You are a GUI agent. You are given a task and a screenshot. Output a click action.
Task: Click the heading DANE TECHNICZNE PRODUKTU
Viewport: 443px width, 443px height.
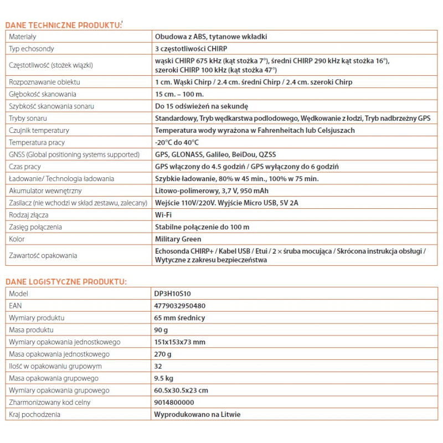[x=63, y=25]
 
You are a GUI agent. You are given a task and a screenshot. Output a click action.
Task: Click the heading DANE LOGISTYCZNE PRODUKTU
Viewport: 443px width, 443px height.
[x=66, y=282]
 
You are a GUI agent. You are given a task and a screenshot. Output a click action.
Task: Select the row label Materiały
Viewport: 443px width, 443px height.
[x=23, y=37]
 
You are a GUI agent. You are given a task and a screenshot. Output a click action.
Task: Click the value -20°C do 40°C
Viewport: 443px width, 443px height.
[x=177, y=142]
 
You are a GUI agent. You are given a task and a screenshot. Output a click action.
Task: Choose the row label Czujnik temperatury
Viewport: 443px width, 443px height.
[x=39, y=131]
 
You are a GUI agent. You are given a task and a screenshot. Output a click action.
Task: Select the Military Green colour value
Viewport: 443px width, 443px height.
[x=178, y=239]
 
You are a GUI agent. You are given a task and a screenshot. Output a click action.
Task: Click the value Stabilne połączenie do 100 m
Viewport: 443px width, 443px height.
[x=202, y=227]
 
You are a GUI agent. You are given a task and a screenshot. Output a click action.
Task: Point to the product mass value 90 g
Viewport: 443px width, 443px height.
[x=162, y=330]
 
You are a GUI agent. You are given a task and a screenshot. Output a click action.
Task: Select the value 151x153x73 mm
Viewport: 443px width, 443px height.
[x=180, y=342]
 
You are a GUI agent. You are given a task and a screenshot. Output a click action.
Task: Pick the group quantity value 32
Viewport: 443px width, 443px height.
[x=159, y=366]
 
